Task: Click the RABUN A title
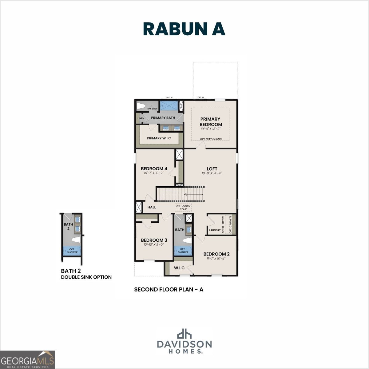tap(184, 29)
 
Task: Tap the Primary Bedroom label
tap(211, 121)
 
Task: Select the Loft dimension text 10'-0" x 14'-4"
tap(212, 173)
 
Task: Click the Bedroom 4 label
tap(154, 169)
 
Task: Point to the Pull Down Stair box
tap(183, 208)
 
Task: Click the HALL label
tap(152, 207)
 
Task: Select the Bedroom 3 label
tap(154, 240)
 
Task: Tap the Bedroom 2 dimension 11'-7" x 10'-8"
tap(216, 259)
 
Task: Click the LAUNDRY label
tap(215, 230)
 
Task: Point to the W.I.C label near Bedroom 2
tap(179, 268)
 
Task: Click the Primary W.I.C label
tap(159, 138)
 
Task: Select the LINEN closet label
tap(141, 118)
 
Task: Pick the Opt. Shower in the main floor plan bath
tap(183, 251)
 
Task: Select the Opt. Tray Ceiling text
tap(211, 139)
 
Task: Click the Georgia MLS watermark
tap(28, 360)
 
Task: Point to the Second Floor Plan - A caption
tap(169, 289)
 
